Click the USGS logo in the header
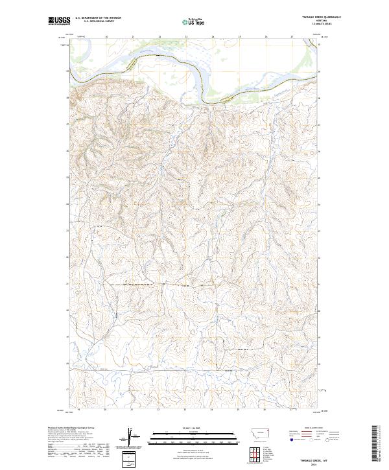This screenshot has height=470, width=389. (59, 21)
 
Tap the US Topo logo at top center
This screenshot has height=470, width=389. (193, 21)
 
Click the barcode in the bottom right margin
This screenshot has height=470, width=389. (375, 443)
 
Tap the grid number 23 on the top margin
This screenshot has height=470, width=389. (185, 37)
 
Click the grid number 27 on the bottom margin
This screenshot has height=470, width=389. (291, 410)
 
